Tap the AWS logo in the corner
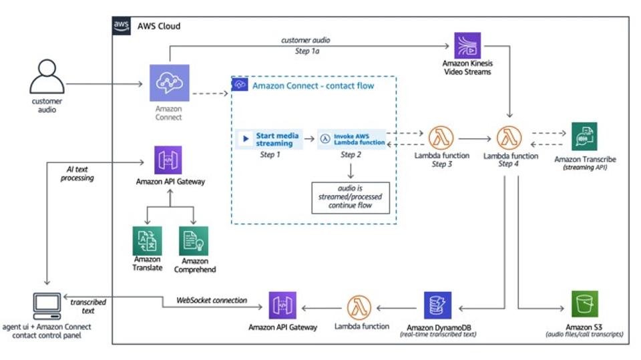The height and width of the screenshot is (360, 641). tap(122, 25)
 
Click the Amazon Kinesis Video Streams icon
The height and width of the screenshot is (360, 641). tap(467, 45)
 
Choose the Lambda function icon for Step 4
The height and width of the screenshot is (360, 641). tap(510, 137)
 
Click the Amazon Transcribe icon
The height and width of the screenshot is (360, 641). tap(584, 136)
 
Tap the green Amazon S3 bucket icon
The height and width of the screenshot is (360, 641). tap(585, 304)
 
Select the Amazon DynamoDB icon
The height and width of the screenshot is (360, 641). tap(438, 305)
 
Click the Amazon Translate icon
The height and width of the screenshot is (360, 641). tap(147, 240)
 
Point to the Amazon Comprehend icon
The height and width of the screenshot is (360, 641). tap(194, 240)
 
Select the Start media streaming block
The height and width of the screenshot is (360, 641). tap(270, 140)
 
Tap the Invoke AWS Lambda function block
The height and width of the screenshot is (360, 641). tap(352, 139)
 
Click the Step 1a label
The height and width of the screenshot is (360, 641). tap(305, 50)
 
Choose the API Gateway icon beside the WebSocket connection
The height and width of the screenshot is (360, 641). tap(282, 305)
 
